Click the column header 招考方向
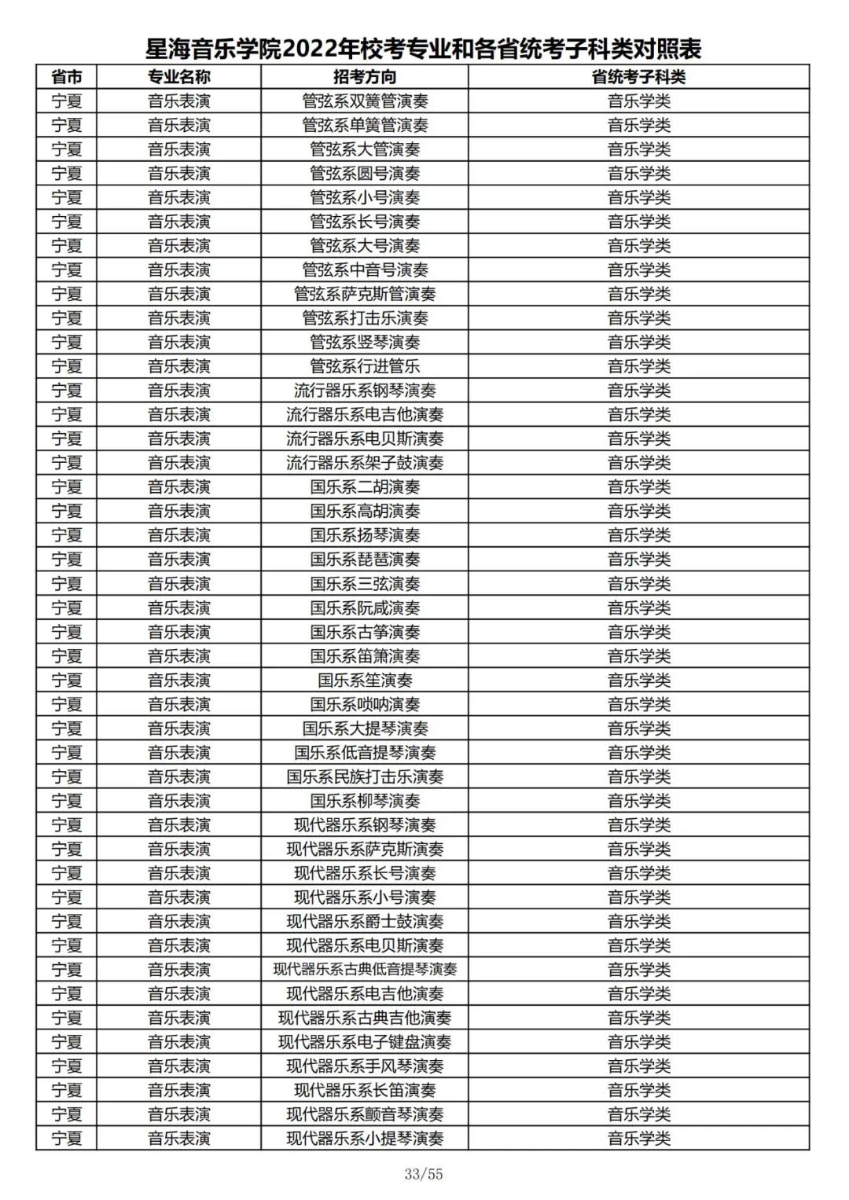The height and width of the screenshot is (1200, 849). pos(365,77)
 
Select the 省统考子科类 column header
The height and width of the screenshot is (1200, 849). pos(638,77)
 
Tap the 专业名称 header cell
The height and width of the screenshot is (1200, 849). pos(179,77)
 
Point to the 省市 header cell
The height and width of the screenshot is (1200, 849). pos(67,77)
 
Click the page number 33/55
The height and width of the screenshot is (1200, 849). pos(424,1174)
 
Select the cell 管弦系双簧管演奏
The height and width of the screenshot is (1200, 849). pos(365,101)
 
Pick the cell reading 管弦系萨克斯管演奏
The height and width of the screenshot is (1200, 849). pos(365,294)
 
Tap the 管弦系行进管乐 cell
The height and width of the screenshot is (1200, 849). pos(365,366)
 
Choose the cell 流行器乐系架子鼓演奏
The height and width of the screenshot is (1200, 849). pos(365,463)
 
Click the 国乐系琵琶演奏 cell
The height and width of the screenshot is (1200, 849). pos(365,560)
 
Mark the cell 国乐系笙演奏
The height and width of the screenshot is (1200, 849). pos(365,680)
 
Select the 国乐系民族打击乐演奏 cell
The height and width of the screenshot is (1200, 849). pos(365,776)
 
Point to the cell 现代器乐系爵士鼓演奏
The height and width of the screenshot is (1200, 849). pos(365,921)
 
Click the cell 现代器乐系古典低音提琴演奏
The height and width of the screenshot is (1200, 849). pos(365,970)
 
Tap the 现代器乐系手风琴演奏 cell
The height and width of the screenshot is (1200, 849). pos(365,1066)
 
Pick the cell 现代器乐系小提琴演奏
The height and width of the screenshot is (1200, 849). pos(365,1138)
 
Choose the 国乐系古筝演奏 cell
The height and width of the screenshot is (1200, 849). pos(365,632)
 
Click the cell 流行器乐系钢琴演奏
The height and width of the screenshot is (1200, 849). pos(365,391)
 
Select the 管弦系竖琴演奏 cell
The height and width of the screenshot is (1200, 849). pos(365,342)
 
